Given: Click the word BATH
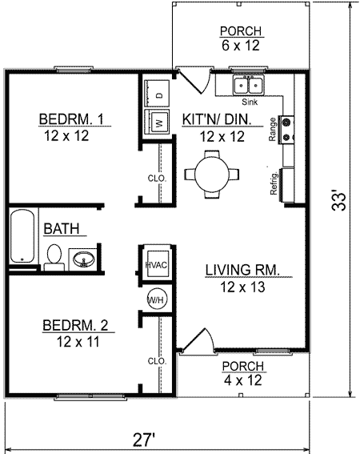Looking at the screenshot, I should (61, 229).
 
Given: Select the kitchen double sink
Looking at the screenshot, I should (249, 85).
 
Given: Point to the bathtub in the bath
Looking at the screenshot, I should (22, 237).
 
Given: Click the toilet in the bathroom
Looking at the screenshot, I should (54, 256).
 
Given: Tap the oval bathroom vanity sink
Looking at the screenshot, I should (84, 259).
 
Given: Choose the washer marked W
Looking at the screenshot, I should (158, 124).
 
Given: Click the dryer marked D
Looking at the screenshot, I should (158, 94).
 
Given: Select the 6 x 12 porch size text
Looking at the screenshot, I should (241, 46).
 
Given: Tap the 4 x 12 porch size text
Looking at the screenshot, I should (241, 381).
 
